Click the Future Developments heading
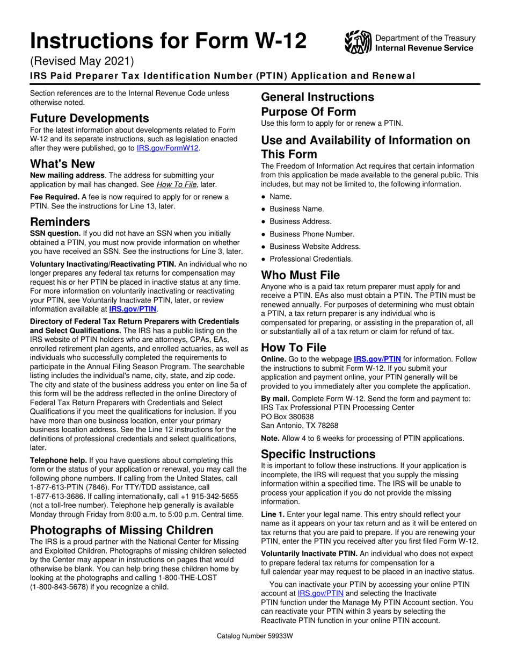click(x=90, y=118)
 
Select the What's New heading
click(x=62, y=163)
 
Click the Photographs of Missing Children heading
click(x=121, y=530)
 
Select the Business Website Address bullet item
click(x=315, y=247)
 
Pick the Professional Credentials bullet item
click(x=311, y=259)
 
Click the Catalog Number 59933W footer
click(x=255, y=636)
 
